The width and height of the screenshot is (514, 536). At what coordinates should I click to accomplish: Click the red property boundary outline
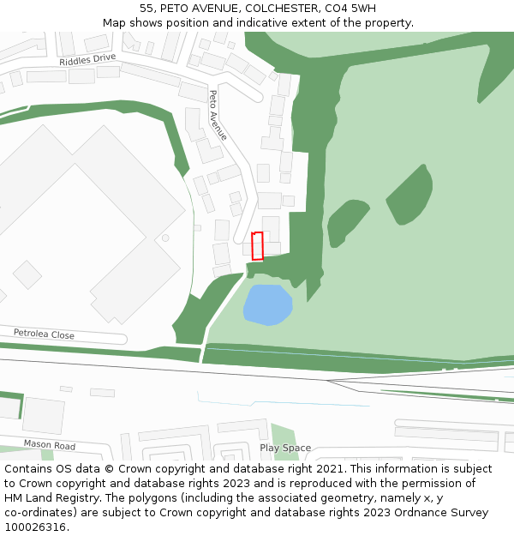(x=257, y=246)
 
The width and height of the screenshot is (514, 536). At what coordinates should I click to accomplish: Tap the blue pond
(x=266, y=304)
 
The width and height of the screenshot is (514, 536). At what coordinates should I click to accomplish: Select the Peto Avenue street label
(x=218, y=115)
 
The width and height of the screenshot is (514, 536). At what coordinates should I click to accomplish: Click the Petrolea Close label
(x=44, y=334)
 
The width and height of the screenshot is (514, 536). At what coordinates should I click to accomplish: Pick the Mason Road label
(x=49, y=444)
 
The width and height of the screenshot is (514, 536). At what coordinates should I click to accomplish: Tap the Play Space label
(x=285, y=448)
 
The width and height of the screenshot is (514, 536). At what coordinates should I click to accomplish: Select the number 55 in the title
(x=146, y=9)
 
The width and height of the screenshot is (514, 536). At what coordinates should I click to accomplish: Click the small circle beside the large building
(x=165, y=238)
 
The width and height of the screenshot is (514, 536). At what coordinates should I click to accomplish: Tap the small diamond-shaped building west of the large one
(x=27, y=274)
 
